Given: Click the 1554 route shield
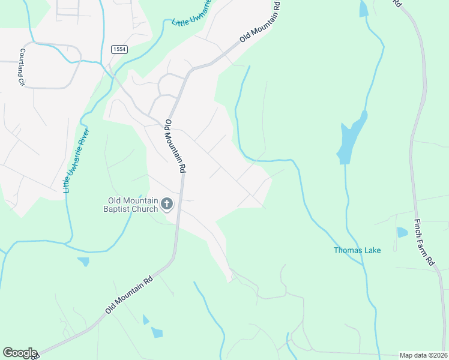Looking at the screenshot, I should click(x=118, y=50).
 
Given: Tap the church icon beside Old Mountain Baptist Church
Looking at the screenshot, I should click(x=167, y=205).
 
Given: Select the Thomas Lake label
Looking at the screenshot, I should click(x=357, y=250).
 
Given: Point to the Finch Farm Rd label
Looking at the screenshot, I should click(x=424, y=242).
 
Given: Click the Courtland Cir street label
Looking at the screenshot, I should click(x=22, y=67).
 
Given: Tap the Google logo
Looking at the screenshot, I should click(x=19, y=353).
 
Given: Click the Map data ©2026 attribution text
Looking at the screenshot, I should click(x=424, y=355).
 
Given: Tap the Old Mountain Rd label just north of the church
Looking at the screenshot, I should click(x=173, y=146).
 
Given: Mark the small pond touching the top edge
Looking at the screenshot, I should click(x=364, y=8).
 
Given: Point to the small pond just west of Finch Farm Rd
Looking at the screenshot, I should click(x=402, y=232).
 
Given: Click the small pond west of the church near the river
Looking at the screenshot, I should click(x=83, y=262).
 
